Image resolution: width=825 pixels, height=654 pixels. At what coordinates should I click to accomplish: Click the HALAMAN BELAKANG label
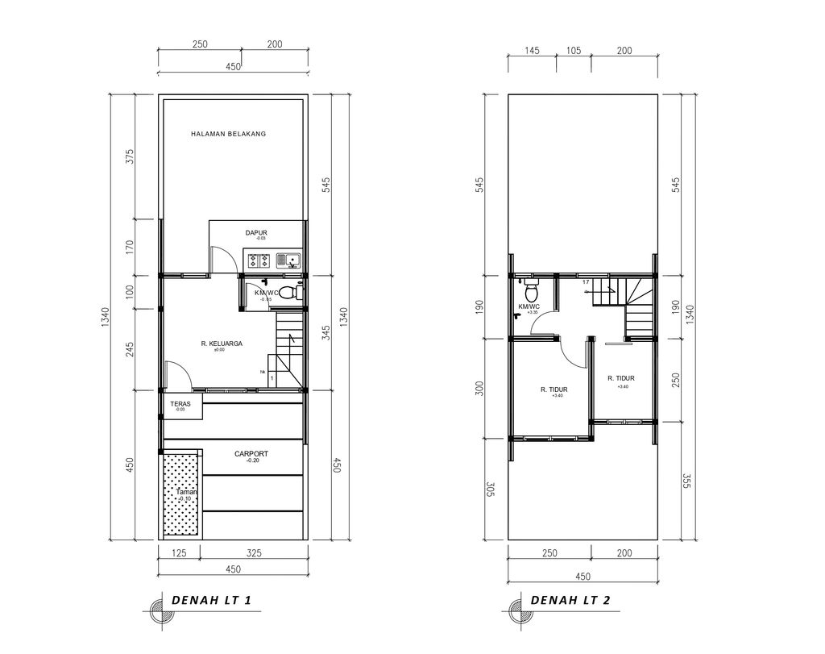(228, 134)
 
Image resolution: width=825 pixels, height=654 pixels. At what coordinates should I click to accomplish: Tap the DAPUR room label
(256, 233)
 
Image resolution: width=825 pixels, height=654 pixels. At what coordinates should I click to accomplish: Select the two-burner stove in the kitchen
(259, 260)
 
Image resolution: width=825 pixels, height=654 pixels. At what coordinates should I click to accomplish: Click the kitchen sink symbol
(288, 260)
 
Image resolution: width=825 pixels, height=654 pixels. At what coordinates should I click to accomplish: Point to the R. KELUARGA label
(222, 344)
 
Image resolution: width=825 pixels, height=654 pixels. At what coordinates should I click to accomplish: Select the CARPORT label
(251, 454)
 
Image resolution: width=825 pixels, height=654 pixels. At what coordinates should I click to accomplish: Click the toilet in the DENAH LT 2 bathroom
(531, 290)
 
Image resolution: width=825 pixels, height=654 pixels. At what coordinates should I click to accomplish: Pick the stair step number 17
(586, 281)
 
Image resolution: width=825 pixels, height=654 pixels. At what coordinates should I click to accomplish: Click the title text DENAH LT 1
(212, 601)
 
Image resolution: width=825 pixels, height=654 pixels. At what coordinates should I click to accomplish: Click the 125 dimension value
(179, 552)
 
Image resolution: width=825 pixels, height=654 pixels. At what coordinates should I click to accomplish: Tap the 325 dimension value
(252, 552)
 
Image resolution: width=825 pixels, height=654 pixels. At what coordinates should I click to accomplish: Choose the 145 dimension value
(531, 51)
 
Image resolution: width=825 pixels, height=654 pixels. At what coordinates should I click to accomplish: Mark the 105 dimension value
(573, 51)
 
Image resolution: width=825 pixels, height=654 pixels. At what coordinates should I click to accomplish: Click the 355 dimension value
(687, 480)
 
